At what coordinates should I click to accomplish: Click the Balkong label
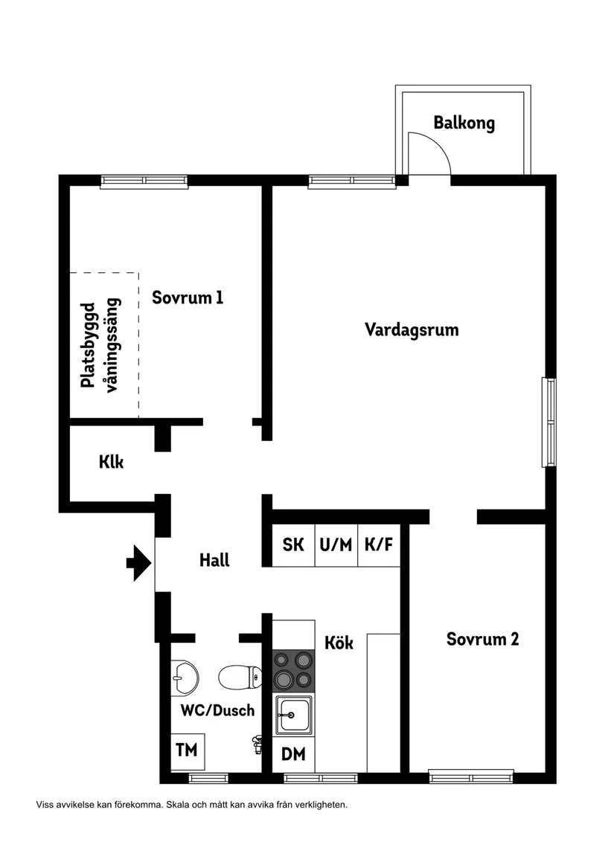[464, 123]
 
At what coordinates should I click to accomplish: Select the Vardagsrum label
[412, 329]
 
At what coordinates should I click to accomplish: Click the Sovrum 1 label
[188, 298]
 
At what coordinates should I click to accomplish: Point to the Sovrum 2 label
[482, 639]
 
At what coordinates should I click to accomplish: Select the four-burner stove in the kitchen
[293, 669]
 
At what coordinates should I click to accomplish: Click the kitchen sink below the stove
[293, 716]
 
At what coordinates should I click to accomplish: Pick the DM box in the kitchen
[293, 754]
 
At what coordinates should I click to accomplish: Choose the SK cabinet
[293, 544]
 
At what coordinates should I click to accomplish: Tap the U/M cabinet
[336, 544]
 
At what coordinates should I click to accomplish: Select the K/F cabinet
[378, 544]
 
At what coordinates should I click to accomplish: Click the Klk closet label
[111, 462]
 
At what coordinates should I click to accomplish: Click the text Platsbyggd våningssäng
[100, 344]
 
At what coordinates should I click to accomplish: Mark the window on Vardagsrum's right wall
[549, 422]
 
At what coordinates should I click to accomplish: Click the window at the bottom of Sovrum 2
[471, 778]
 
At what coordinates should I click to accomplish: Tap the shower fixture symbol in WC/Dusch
[257, 742]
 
